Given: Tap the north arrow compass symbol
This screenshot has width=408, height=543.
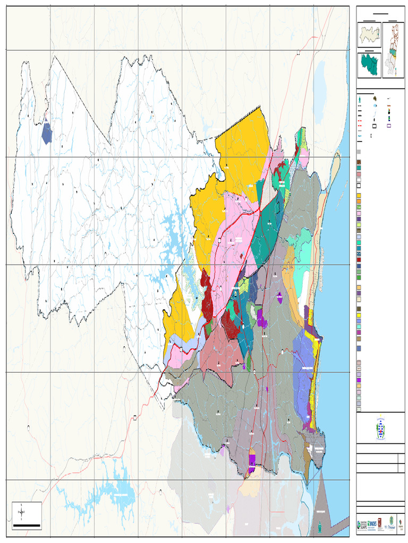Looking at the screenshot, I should (x=21, y=512).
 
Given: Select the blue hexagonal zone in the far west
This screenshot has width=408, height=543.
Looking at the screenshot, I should (x=47, y=132).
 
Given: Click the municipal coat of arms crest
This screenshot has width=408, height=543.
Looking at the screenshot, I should (x=380, y=431).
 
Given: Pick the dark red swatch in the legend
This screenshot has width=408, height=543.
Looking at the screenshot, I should (x=359, y=260).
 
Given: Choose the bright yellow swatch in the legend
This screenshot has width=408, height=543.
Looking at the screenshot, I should (x=359, y=316).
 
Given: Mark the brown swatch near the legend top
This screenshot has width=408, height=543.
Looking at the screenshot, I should (x=359, y=162).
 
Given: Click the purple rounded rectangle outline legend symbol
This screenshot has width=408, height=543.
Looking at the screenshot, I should (x=389, y=126).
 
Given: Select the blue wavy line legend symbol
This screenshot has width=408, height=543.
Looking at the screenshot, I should (x=360, y=136).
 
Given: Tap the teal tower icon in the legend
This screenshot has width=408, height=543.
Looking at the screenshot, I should (x=360, y=100).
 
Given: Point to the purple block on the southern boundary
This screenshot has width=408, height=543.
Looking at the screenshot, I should (x=252, y=460).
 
